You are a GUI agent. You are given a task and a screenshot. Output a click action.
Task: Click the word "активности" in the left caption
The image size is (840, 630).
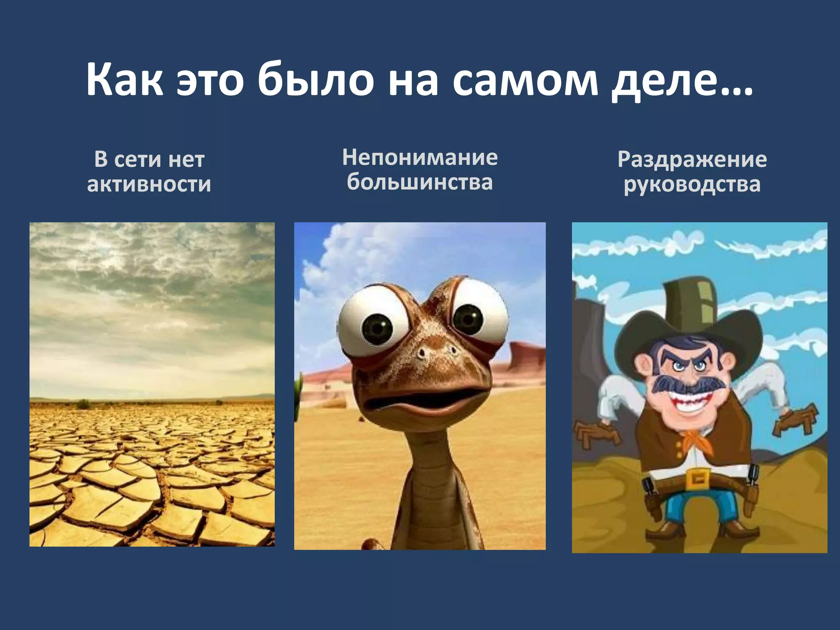tap(149, 184)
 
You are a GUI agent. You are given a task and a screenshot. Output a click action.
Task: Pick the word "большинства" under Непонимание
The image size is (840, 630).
tap(420, 182)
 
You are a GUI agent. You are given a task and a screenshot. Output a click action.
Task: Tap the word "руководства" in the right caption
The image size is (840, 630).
tap(692, 184)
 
